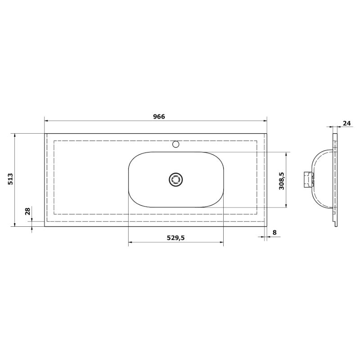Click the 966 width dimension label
[x=159, y=117]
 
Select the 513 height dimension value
[x=10, y=179]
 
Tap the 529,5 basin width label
[x=175, y=238]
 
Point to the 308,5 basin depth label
[x=282, y=181]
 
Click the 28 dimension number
[x=27, y=211]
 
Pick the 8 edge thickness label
[x=274, y=232]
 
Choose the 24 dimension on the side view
[x=347, y=123]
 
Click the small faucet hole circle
[x=175, y=144]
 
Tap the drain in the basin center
[x=175, y=179]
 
